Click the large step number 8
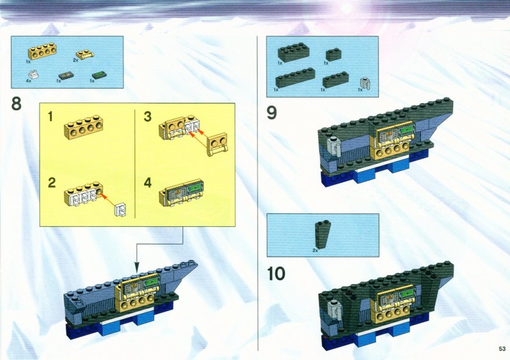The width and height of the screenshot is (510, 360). tap(17, 104)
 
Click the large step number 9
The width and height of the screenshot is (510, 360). tap(272, 113)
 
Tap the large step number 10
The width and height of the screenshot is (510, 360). tap(276, 273)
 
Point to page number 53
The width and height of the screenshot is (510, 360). tap(502, 349)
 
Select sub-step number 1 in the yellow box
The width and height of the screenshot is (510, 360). tap(50, 116)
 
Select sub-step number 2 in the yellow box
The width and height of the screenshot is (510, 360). tap(52, 182)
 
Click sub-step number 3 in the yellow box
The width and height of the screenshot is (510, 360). tap(147, 116)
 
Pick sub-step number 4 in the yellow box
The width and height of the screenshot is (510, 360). tap(148, 182)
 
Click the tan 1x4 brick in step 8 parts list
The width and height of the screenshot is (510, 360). tap(40, 51)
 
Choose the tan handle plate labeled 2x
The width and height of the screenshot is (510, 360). tap(85, 54)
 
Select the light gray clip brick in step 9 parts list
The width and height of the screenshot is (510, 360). tap(366, 83)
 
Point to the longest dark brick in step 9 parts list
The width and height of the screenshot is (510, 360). tap(295, 77)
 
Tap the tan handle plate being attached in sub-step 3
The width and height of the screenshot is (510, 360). tap(217, 144)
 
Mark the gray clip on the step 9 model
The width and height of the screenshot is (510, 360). tap(334, 145)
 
